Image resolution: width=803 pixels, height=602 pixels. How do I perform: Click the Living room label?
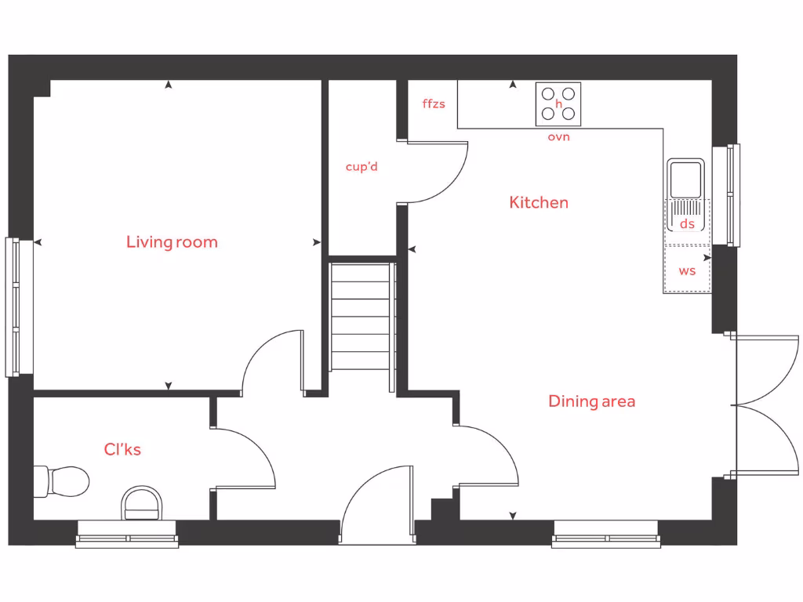click(x=172, y=242)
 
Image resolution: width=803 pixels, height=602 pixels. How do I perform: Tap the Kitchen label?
click(x=539, y=203)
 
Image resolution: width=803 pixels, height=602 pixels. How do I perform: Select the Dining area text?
click(x=591, y=402)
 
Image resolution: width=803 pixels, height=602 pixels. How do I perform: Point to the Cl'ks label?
click(x=122, y=450)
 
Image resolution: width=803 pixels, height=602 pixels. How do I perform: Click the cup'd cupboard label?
click(x=362, y=167)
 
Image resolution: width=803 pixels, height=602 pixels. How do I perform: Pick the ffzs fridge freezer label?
click(x=434, y=103)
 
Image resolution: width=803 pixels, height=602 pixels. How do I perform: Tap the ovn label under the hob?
click(x=558, y=137)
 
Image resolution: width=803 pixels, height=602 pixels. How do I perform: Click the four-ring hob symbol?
click(x=558, y=104)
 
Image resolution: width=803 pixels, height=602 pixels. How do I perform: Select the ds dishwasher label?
click(x=687, y=224)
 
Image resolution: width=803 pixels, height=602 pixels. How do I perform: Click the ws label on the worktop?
click(x=687, y=271)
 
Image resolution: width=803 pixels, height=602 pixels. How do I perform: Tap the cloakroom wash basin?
click(x=142, y=502)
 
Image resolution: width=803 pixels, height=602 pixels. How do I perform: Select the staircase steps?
click(x=361, y=317)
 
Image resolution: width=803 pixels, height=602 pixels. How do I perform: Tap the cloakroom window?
click(x=127, y=539)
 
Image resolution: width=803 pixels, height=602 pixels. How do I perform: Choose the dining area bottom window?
click(x=605, y=539)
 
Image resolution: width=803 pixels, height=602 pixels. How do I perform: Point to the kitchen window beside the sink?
click(x=733, y=194)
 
